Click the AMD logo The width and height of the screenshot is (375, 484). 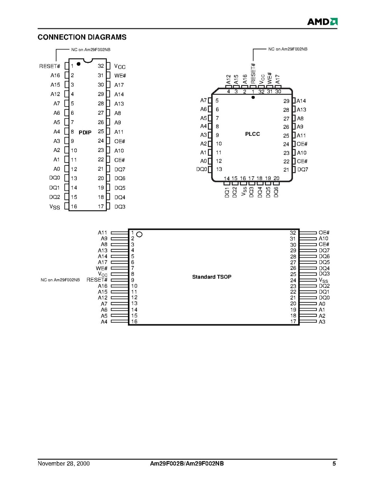tap(322, 21)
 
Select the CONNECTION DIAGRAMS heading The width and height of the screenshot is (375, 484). tap(82, 37)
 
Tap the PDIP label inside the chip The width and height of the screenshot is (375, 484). tap(85, 133)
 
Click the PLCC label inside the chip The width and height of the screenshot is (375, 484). tap(252, 134)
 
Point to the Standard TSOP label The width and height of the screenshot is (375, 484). tap(212, 277)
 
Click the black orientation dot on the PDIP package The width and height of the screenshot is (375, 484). tap(78, 64)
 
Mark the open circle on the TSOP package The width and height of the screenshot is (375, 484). tap(139, 235)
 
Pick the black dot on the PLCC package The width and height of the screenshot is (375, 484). tap(253, 97)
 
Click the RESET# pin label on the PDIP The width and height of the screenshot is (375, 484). tap(50, 66)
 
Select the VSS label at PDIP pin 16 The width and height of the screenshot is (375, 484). tap(54, 207)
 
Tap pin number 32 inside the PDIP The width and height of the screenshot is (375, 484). tap(101, 66)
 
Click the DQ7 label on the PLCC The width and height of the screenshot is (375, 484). tap(303, 169)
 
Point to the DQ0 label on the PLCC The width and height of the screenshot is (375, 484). tap(202, 169)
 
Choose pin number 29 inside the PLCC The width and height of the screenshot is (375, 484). tap(286, 101)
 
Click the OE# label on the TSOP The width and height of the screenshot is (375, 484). tap(324, 232)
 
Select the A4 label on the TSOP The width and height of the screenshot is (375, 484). tap(104, 321)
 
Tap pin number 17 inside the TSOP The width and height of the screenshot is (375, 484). tap(293, 321)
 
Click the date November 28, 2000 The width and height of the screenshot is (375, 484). tap(64, 463)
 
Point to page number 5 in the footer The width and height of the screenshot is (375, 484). tap(334, 463)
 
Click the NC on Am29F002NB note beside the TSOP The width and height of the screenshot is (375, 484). tap(60, 280)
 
